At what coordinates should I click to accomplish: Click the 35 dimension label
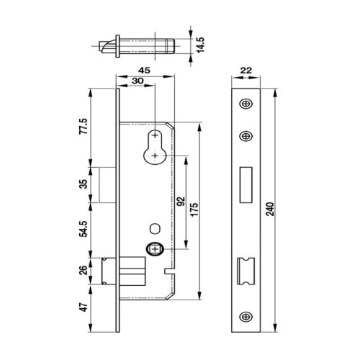[83, 184]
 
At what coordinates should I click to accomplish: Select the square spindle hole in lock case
[155, 249]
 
